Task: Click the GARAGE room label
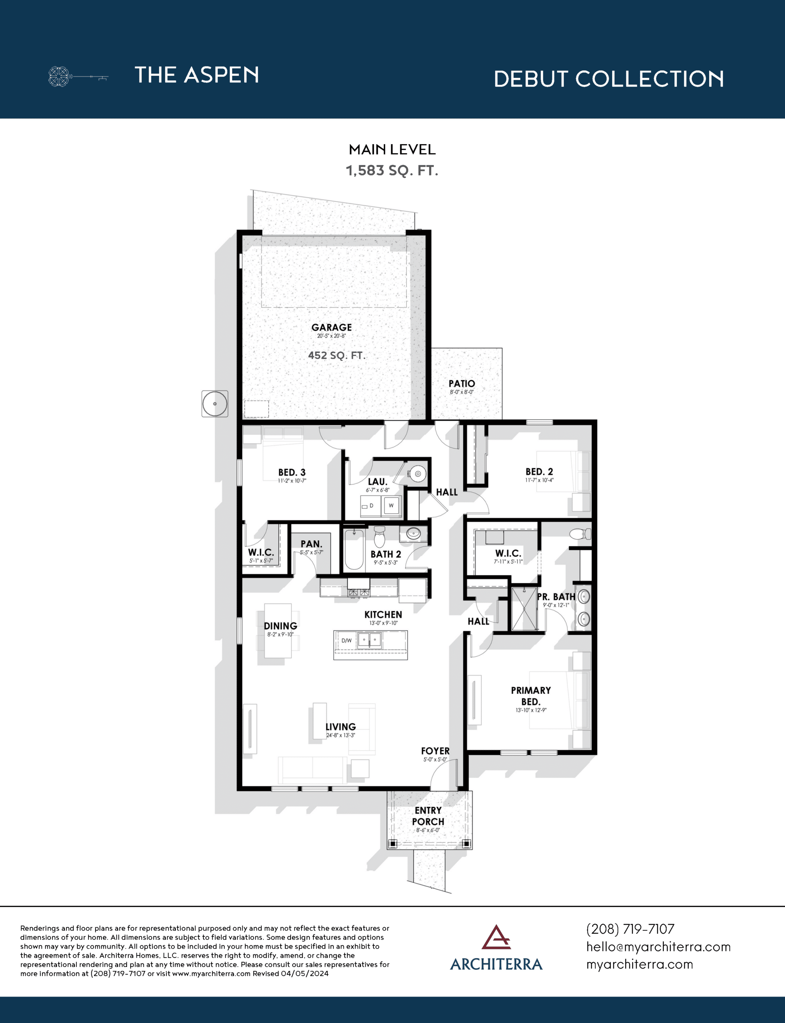pos(331,328)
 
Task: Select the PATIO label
pos(461,384)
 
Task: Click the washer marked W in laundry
pos(391,505)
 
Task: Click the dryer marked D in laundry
pos(370,506)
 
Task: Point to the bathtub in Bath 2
pos(354,549)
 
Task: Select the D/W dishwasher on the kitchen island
pos(346,640)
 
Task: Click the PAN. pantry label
pos(311,544)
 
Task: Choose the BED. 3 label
pos(292,472)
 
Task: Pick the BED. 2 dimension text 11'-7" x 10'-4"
pos(539,480)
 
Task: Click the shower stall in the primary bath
pos(524,609)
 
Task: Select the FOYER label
pos(435,751)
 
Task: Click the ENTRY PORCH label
pos(429,816)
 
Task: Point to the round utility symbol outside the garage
pos(215,403)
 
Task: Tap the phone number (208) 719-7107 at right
pos(630,929)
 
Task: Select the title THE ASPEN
pos(197,75)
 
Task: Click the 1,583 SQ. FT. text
pos(392,170)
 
